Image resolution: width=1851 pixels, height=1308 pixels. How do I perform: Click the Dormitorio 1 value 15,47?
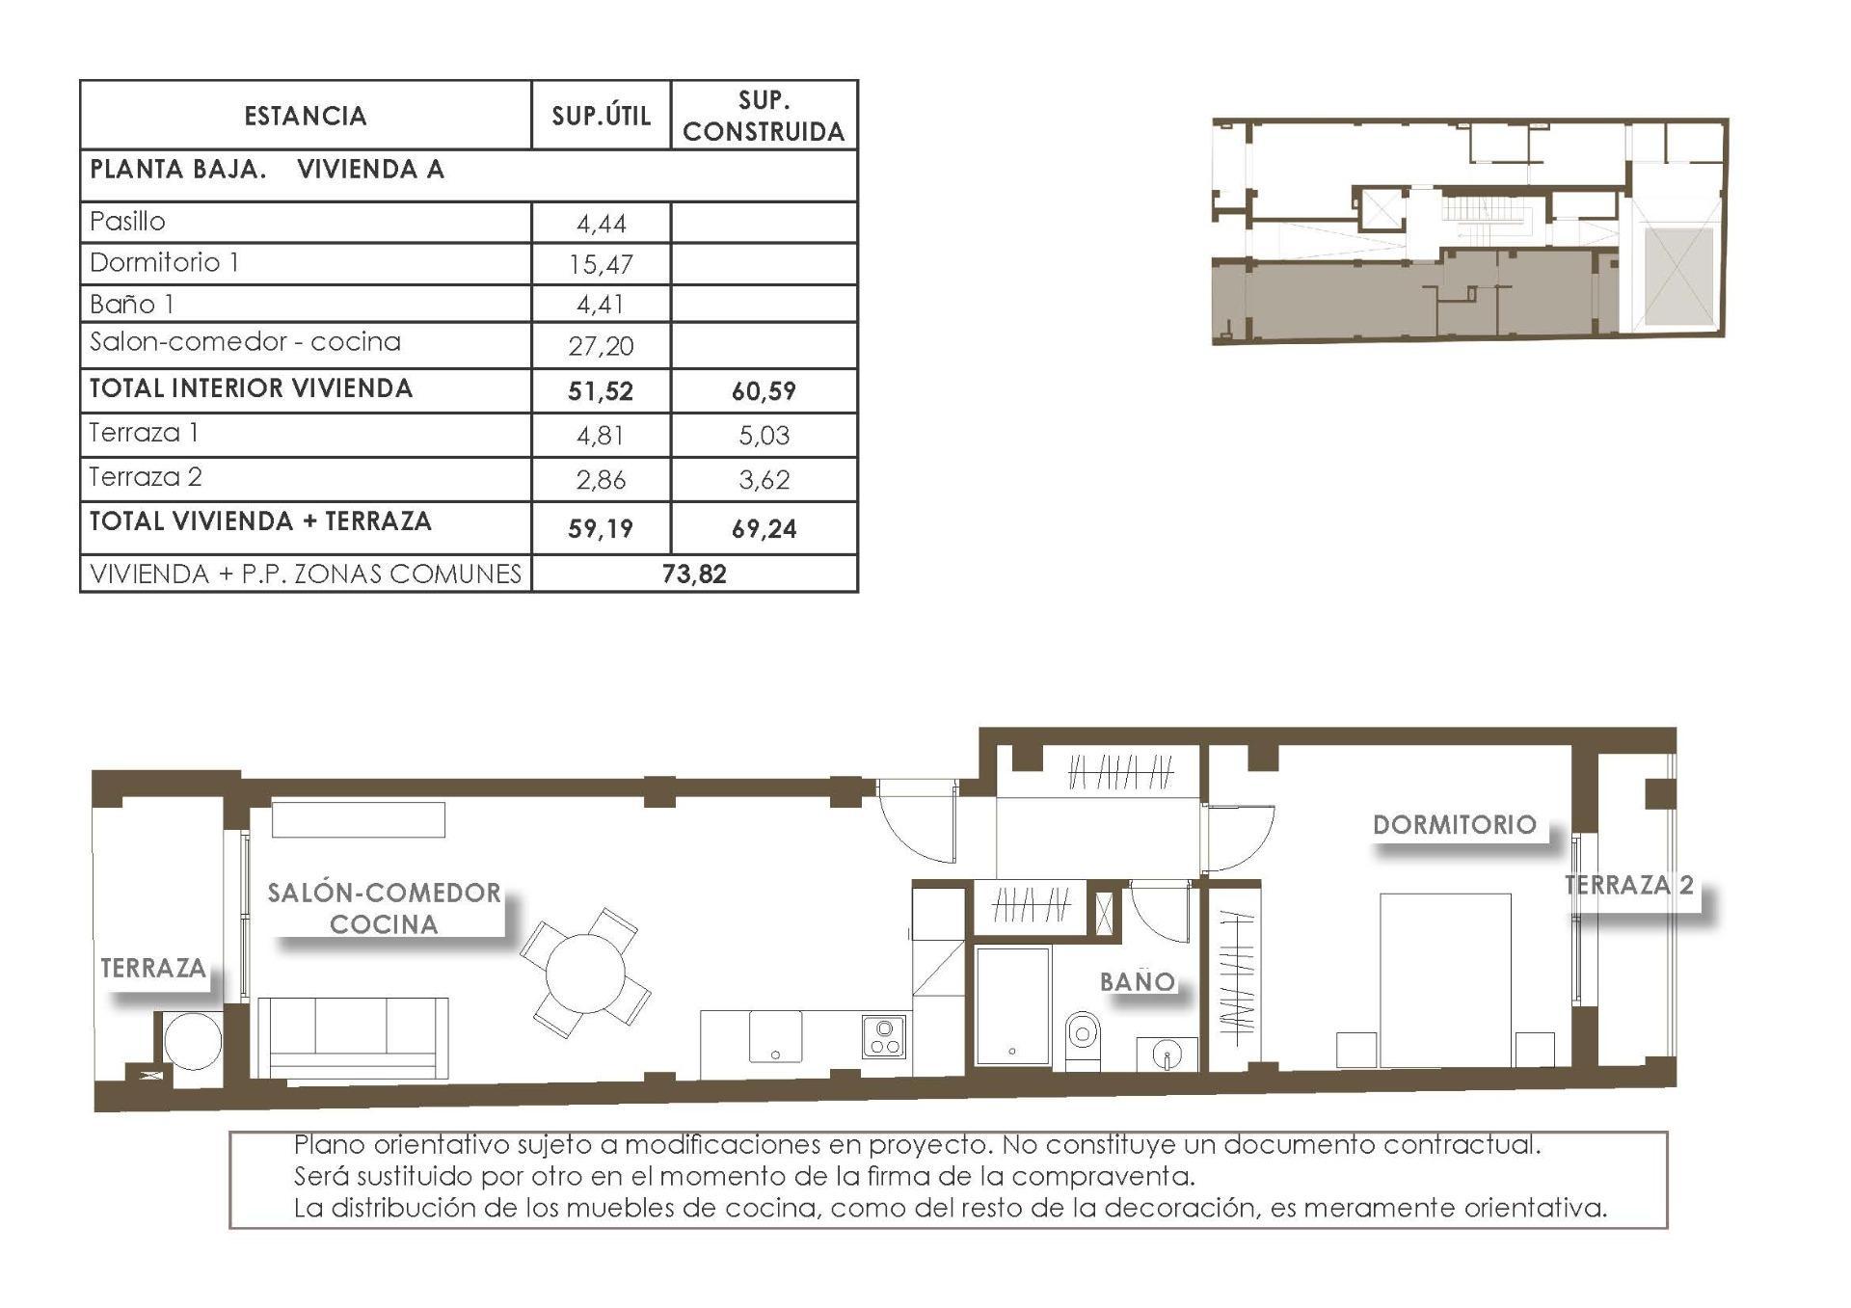(601, 264)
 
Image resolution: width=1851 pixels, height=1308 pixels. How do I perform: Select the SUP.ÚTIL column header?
(601, 116)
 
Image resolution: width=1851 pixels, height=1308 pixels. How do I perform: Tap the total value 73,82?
(694, 574)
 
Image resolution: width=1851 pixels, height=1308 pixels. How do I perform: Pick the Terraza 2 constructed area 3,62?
(764, 479)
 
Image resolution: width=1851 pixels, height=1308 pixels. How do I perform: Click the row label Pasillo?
(127, 222)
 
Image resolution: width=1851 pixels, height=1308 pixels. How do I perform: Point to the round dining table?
(585, 973)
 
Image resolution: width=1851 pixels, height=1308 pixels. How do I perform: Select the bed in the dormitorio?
(1445, 978)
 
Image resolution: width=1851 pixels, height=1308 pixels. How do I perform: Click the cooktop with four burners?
(884, 1037)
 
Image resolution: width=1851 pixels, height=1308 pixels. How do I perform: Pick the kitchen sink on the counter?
(776, 1036)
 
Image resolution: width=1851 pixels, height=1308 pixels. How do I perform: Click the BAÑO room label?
(1138, 982)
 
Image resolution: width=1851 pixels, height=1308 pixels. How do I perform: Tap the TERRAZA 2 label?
(1628, 885)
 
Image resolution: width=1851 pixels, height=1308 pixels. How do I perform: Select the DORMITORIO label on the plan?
(1454, 825)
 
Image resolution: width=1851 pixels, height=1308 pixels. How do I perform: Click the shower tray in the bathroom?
(1012, 1005)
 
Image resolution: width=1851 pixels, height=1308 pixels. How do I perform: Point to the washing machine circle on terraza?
(192, 1041)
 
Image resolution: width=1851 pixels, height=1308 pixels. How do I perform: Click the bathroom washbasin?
(1167, 1054)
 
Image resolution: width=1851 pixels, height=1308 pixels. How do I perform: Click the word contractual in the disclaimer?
(1462, 1145)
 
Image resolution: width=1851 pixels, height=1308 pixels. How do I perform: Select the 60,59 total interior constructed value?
(764, 391)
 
